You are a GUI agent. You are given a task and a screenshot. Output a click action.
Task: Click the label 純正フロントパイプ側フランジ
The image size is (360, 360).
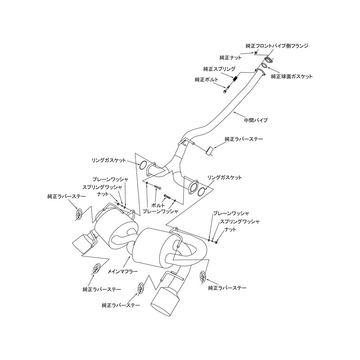click(x=277, y=46)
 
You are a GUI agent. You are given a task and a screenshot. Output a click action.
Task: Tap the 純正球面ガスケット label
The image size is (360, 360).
click(x=292, y=76)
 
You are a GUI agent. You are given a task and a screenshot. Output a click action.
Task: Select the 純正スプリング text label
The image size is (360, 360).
click(x=219, y=69)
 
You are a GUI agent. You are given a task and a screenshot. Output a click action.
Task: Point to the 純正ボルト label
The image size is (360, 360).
click(x=207, y=80)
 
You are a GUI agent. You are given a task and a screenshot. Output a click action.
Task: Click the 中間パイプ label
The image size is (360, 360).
click(x=256, y=120)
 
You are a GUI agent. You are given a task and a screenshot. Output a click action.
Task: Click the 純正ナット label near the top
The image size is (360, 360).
click(x=231, y=58)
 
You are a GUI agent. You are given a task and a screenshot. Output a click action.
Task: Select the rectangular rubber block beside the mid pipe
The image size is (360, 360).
click(x=209, y=150)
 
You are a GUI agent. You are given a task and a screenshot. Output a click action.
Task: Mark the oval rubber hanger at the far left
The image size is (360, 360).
click(x=78, y=215)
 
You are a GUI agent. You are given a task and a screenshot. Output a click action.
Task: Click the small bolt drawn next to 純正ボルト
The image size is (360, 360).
click(x=225, y=90)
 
